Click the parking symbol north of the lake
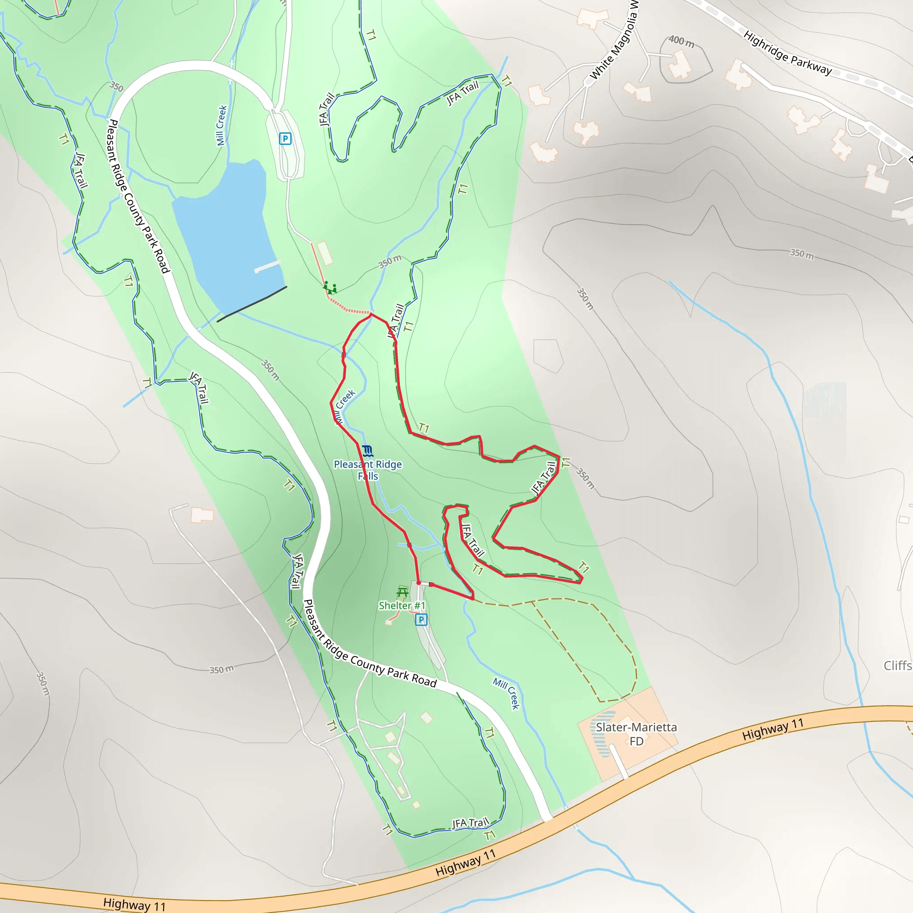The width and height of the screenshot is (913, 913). pos(285,139)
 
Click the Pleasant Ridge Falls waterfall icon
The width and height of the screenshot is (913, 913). pos(368,451)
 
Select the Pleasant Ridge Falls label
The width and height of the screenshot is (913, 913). pos(368,470)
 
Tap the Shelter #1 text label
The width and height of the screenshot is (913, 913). pos(402,606)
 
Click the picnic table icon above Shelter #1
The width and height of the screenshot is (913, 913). pos(402,592)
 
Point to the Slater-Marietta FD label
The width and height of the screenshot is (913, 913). pos(636,734)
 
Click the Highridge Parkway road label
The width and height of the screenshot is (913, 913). pos(787,53)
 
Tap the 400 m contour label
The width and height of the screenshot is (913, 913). pos(682,41)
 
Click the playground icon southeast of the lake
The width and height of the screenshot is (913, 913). pos(330,288)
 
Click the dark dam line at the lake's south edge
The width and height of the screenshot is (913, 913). pos(252,304)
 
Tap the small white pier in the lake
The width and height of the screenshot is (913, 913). pos(267,267)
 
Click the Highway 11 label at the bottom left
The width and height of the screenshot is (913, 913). pos(134,905)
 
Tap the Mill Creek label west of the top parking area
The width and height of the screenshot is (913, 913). pos(221,125)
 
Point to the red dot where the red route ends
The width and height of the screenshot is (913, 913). pos(419,583)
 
